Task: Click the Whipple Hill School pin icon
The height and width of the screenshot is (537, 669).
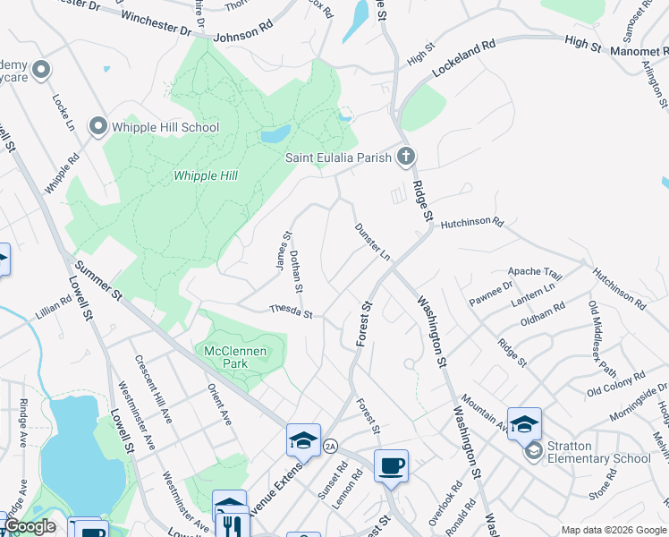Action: tap(97, 127)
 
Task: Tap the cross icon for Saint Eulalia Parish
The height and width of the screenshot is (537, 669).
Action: tap(405, 158)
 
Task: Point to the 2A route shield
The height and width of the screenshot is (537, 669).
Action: tap(331, 446)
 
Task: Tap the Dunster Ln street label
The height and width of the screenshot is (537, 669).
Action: tap(373, 243)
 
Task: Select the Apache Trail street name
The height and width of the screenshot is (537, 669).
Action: tap(535, 272)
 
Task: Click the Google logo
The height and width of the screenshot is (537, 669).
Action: tap(30, 527)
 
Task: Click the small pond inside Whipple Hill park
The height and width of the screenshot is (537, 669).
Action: tap(275, 134)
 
